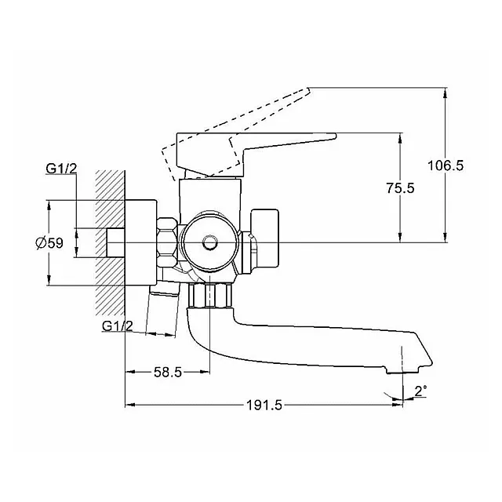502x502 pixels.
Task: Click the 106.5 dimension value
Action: pos(446,166)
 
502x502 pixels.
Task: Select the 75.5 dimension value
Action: pos(400,188)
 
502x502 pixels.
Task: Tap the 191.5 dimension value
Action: pos(264,406)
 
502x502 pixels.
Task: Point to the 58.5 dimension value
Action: pos(168,372)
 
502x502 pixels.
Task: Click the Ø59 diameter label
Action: pos(49,243)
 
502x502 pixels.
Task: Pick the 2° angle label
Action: pos(420,391)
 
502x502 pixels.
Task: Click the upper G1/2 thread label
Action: pos(61,169)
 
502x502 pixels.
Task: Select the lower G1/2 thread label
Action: pos(117,326)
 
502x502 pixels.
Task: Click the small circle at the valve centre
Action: pos(210,242)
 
